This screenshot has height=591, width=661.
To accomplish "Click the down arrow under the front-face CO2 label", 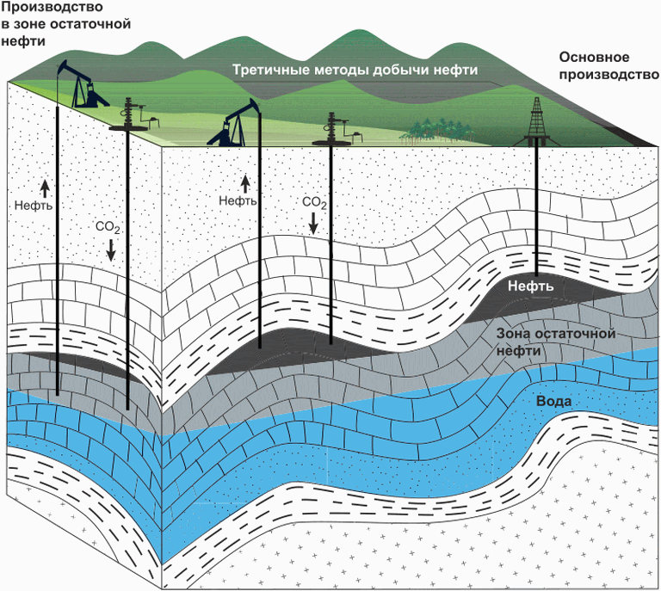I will pos(313,223).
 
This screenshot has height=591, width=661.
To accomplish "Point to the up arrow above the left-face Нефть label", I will pos(45,188).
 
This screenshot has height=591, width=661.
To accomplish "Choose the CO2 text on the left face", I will pos(108,228).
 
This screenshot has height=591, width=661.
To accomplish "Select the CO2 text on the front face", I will pos(313,202).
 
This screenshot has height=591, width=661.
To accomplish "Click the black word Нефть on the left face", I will pos(34,206).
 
